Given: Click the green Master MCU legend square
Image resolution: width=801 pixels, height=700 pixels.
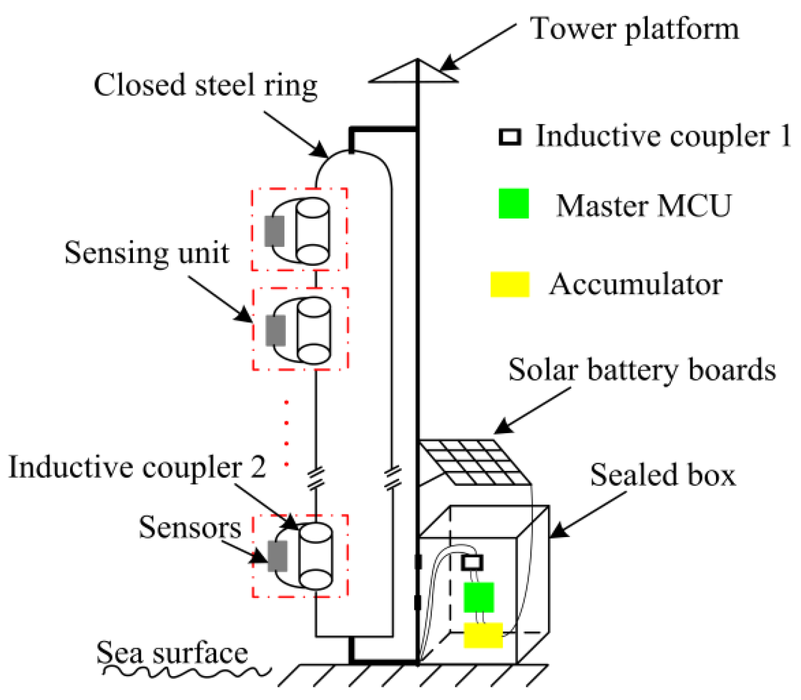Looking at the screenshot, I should click(513, 203).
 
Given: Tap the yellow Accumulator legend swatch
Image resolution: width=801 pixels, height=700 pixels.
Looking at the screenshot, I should click(509, 284).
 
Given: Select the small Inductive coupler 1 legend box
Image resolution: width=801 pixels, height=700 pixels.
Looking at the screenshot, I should click(509, 137).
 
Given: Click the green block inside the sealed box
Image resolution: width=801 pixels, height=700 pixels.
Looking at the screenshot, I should click(479, 598).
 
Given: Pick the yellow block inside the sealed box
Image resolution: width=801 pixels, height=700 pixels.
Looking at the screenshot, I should click(483, 636).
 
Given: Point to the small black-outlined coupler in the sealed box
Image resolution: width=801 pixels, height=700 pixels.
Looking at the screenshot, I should click(472, 562).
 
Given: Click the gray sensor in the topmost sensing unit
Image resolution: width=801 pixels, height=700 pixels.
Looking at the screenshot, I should click(274, 231).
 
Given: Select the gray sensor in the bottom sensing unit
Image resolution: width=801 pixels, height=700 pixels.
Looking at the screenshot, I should click(277, 556).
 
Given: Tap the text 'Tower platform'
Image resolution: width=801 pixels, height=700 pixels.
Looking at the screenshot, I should click(634, 29).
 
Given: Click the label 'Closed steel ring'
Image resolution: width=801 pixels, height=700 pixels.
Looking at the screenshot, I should click(205, 86).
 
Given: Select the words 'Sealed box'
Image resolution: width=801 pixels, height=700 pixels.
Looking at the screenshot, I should click(663, 475).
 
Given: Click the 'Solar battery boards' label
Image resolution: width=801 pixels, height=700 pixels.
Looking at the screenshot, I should click(642, 370).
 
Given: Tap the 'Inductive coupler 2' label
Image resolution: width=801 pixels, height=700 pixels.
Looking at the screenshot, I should click(137, 467).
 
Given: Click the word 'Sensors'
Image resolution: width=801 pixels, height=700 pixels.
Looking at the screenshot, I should click(190, 527).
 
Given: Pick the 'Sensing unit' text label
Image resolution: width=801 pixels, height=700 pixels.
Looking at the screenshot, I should click(146, 253).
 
